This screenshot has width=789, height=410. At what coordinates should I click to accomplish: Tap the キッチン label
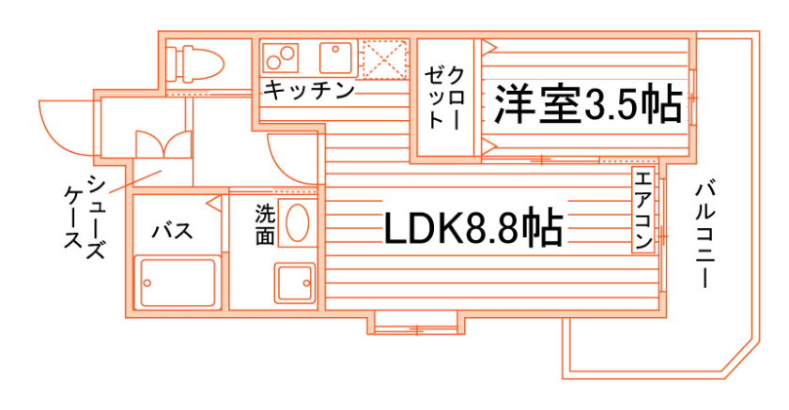[309, 91]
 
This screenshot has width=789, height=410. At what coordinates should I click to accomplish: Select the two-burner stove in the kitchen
[282, 58]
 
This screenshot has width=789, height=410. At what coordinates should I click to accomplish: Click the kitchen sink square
[335, 59]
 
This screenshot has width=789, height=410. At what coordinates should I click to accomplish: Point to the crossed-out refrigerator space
[383, 59]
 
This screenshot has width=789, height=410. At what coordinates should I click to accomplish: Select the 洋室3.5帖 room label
[588, 106]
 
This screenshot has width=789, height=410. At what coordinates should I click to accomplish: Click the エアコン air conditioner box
[643, 211]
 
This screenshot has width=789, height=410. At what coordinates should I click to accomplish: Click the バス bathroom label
[173, 231]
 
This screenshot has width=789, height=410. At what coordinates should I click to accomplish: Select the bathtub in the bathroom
[178, 281]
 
